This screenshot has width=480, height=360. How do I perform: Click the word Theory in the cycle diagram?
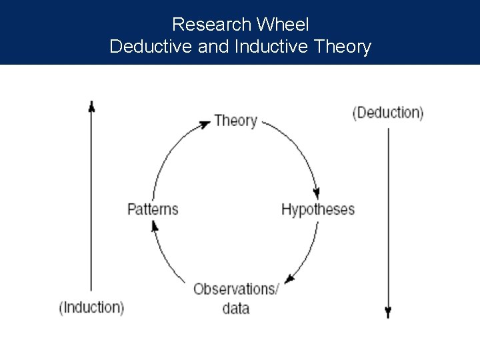[235, 121]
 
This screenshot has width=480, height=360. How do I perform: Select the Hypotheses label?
[318, 209]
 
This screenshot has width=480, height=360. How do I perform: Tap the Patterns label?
[153, 209]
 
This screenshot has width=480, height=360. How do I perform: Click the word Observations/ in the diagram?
[236, 289]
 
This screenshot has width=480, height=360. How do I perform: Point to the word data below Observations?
[235, 308]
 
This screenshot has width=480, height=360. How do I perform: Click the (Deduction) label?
[387, 112]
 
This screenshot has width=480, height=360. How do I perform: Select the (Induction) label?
[91, 307]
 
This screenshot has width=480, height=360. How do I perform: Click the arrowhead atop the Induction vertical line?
[91, 105]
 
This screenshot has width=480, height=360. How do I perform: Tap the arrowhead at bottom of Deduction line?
[388, 312]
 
